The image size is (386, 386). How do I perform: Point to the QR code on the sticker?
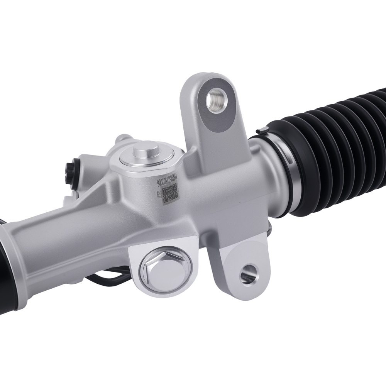(x=170, y=193)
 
